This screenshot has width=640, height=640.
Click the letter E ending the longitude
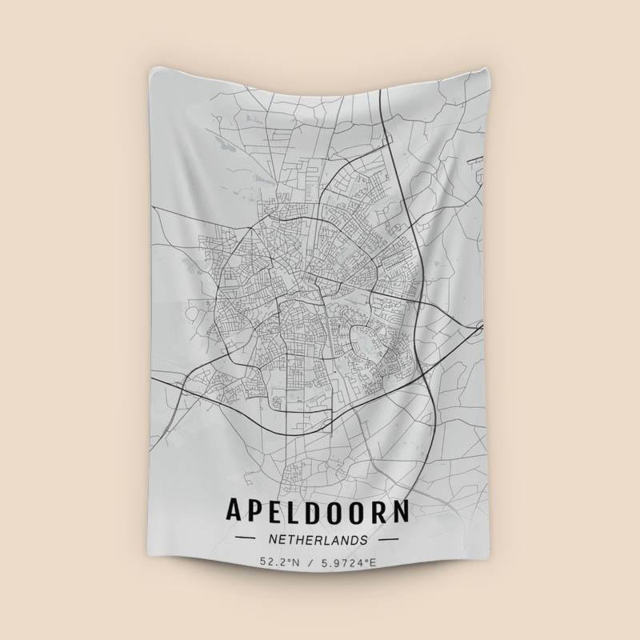(373, 563)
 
